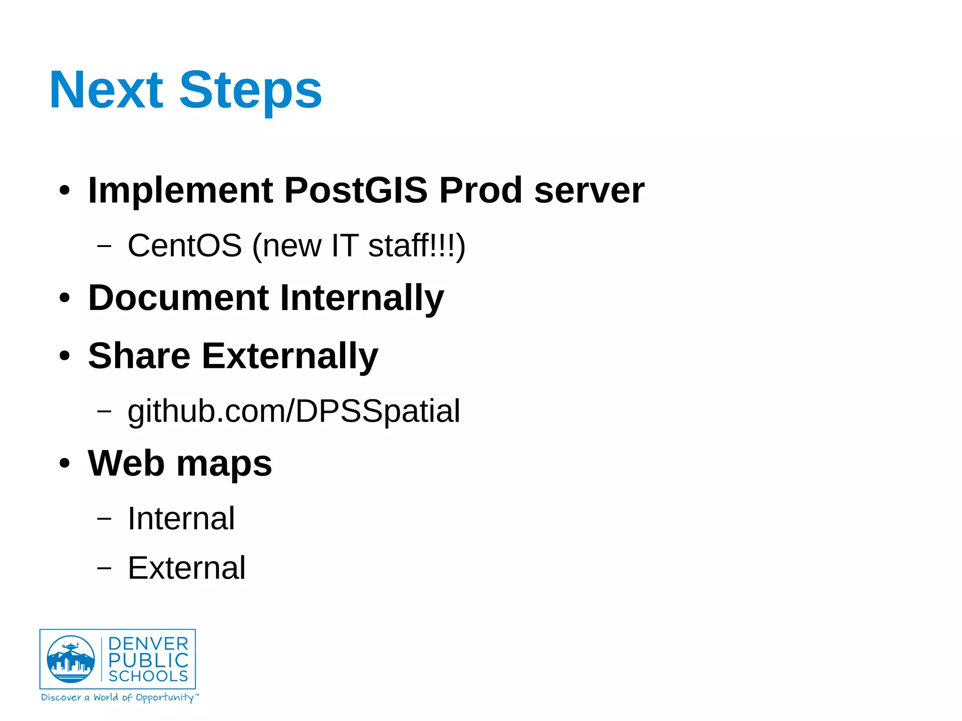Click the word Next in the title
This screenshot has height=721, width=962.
106,90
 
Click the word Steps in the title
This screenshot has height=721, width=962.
250,90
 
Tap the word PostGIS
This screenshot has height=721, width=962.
356,190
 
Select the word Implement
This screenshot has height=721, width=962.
180,190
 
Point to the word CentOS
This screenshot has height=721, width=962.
185,245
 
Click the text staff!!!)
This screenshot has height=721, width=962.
416,245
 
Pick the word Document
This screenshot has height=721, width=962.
178,298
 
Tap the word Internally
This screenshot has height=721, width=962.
362,299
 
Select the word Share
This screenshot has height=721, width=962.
139,356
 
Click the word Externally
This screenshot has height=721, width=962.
290,356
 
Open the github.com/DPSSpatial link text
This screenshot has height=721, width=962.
294,411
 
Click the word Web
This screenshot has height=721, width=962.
125,464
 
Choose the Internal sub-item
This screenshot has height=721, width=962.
181,519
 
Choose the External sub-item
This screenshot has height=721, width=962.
186,568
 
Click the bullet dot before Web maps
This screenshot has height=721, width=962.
64,464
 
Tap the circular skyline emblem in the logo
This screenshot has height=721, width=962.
70,659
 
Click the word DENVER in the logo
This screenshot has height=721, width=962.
148,644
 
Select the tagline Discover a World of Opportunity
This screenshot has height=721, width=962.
120,698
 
